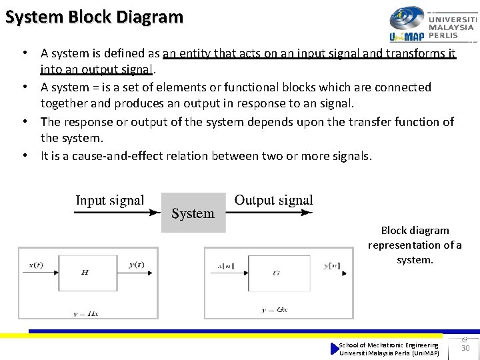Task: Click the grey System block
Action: [x=193, y=213]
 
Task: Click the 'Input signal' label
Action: [x=109, y=200]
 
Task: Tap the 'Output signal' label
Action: [x=273, y=200]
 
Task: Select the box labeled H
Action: [x=85, y=272]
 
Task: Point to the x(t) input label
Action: [x=35, y=265]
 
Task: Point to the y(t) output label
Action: [x=136, y=265]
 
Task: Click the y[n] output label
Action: [x=331, y=266]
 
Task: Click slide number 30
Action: [x=466, y=349]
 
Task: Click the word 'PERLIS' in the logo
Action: [x=443, y=35]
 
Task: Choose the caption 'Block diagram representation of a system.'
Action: [x=415, y=245]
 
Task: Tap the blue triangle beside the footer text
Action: [x=335, y=349]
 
